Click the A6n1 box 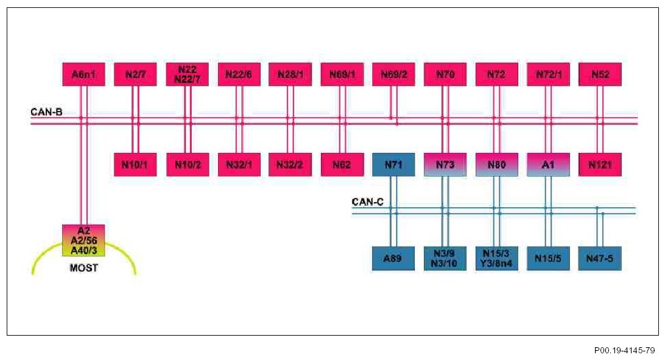tap(84, 74)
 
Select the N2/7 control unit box tap(135, 74)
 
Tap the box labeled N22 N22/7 tap(187, 74)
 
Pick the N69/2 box tap(393, 74)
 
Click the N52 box tap(600, 74)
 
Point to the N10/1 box tap(135, 164)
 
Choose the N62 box tap(342, 164)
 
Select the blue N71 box tap(393, 164)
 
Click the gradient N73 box tap(445, 164)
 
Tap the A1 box tap(548, 164)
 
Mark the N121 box tap(600, 164)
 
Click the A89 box tap(393, 258)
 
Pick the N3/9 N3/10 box tap(445, 258)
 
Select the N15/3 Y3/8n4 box tap(497, 258)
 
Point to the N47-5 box tap(600, 258)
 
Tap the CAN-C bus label tap(367, 202)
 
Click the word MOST tap(84, 267)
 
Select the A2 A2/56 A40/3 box tap(84, 241)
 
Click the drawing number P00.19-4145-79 tap(625, 350)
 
